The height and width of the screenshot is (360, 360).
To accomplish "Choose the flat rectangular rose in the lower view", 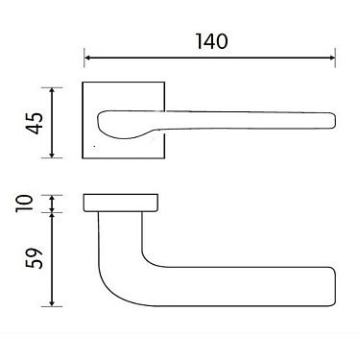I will (119, 202).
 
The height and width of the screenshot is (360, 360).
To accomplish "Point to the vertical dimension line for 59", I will (54, 259).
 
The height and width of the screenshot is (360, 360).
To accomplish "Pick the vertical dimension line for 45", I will (54, 122).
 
